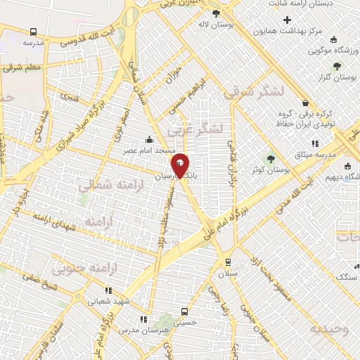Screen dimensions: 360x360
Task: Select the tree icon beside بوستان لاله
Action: (x=215, y=13)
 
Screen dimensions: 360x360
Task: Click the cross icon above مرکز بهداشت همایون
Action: (x=286, y=19)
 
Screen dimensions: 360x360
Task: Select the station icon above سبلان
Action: (x=226, y=262)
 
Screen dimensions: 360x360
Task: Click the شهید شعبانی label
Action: (x=108, y=300)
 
